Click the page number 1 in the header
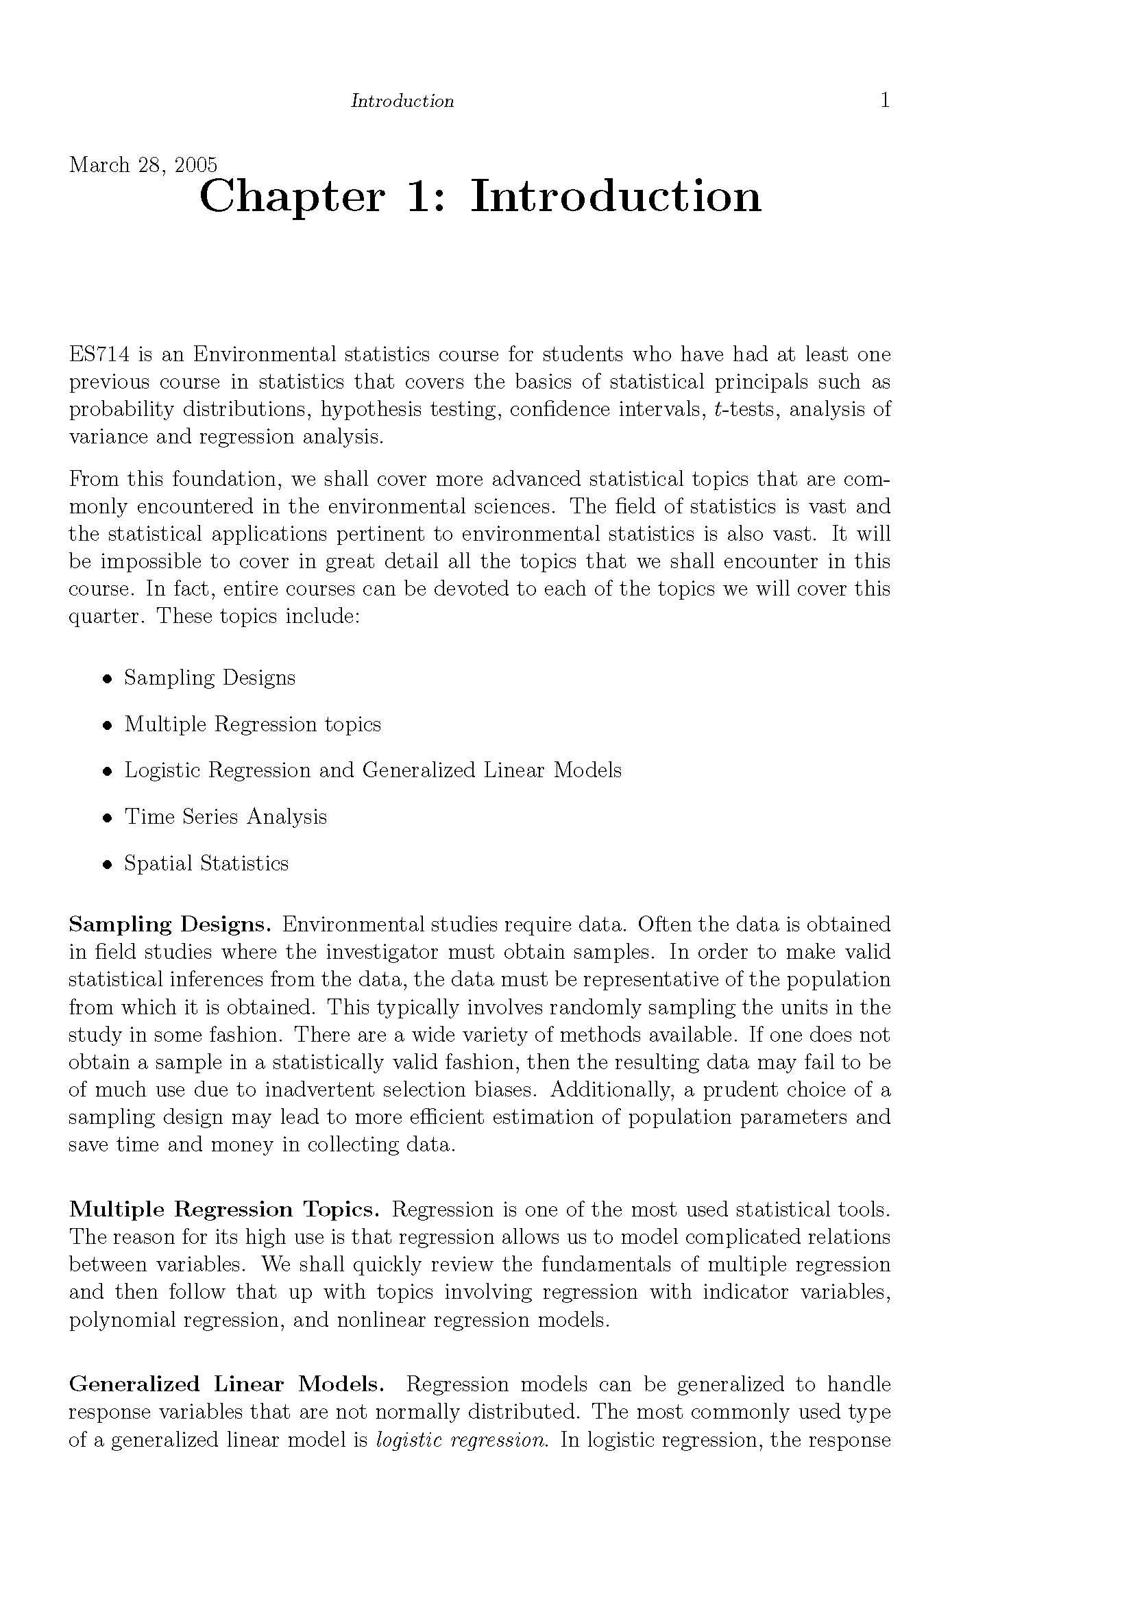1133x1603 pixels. (884, 101)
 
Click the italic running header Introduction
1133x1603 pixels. (402, 101)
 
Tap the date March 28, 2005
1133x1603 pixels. (143, 164)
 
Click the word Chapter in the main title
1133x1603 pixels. (291, 197)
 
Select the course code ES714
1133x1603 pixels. (99, 355)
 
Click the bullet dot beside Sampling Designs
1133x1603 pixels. (108, 678)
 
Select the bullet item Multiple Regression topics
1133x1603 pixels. (252, 724)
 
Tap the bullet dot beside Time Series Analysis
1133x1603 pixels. (108, 818)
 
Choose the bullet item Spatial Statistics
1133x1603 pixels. (206, 864)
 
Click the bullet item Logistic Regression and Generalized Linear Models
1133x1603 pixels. (373, 770)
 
